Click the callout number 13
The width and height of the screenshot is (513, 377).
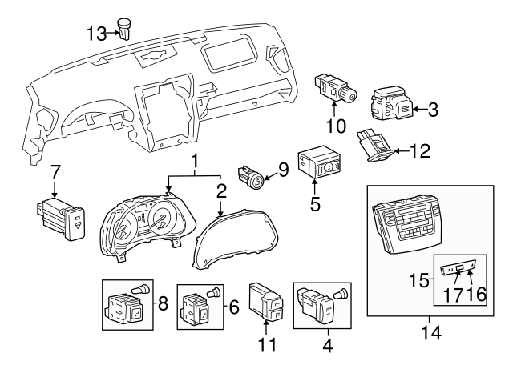pyautogui.click(x=96, y=33)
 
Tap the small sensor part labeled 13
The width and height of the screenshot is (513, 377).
pyautogui.click(x=125, y=28)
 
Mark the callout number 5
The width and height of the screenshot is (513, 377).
pyautogui.click(x=315, y=204)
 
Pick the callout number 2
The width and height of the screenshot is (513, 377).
pyautogui.click(x=220, y=191)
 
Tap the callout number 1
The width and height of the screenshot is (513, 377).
pyautogui.click(x=194, y=162)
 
